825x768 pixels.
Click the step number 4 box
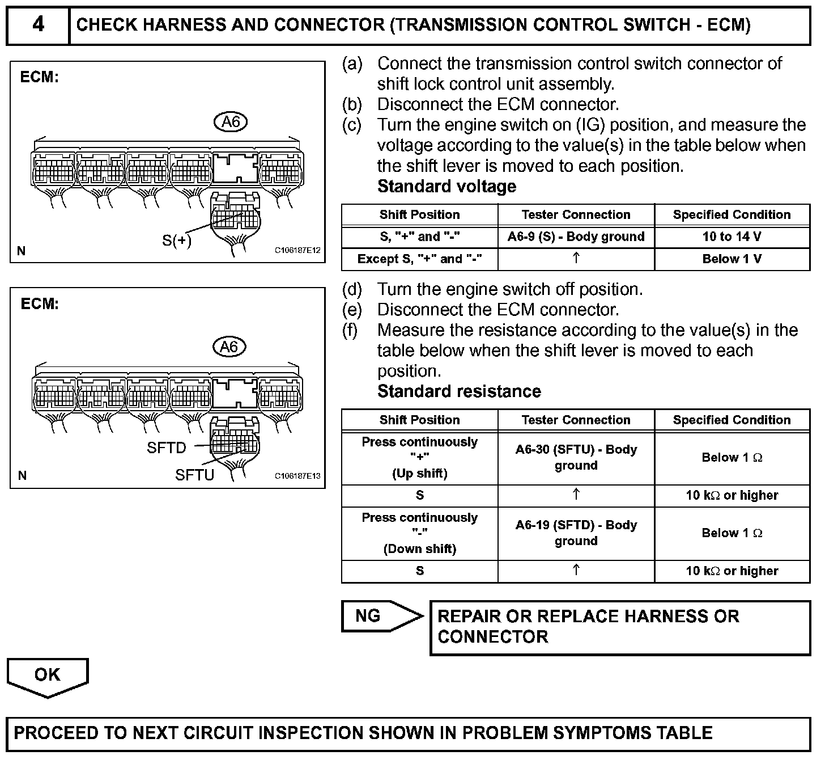(38, 26)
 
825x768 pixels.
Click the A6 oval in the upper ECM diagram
(231, 121)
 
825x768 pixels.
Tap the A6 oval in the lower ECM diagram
(229, 347)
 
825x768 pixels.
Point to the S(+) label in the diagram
(177, 240)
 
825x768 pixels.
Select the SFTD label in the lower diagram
(166, 448)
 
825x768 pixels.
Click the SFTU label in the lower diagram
(194, 475)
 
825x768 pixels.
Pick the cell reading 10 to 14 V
(732, 237)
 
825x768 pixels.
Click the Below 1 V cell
(732, 259)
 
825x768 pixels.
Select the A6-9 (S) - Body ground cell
(576, 237)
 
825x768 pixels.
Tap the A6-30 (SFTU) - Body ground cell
(576, 457)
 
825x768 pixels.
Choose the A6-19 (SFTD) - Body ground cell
(576, 533)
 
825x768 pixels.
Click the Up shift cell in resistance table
(419, 457)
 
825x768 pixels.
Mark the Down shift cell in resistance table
(419, 533)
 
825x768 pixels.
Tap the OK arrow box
(47, 676)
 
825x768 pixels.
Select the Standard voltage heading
(446, 187)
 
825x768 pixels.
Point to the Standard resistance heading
(459, 391)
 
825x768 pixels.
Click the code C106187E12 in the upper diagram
(298, 250)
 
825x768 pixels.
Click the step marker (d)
(352, 289)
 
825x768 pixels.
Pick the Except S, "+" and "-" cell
(419, 259)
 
